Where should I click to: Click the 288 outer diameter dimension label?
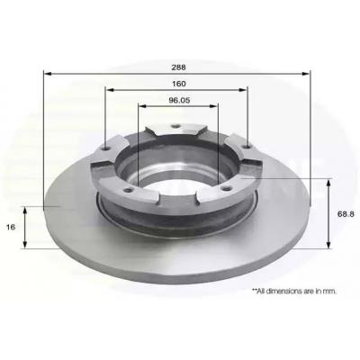coord(178,67)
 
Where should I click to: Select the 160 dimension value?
coord(179,84)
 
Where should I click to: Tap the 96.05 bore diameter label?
coord(179,101)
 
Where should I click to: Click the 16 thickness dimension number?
coord(11,227)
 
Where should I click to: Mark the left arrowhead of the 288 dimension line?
coord(48,73)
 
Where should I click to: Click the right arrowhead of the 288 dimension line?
coord(306,74)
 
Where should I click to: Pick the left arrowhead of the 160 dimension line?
coord(110,90)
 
